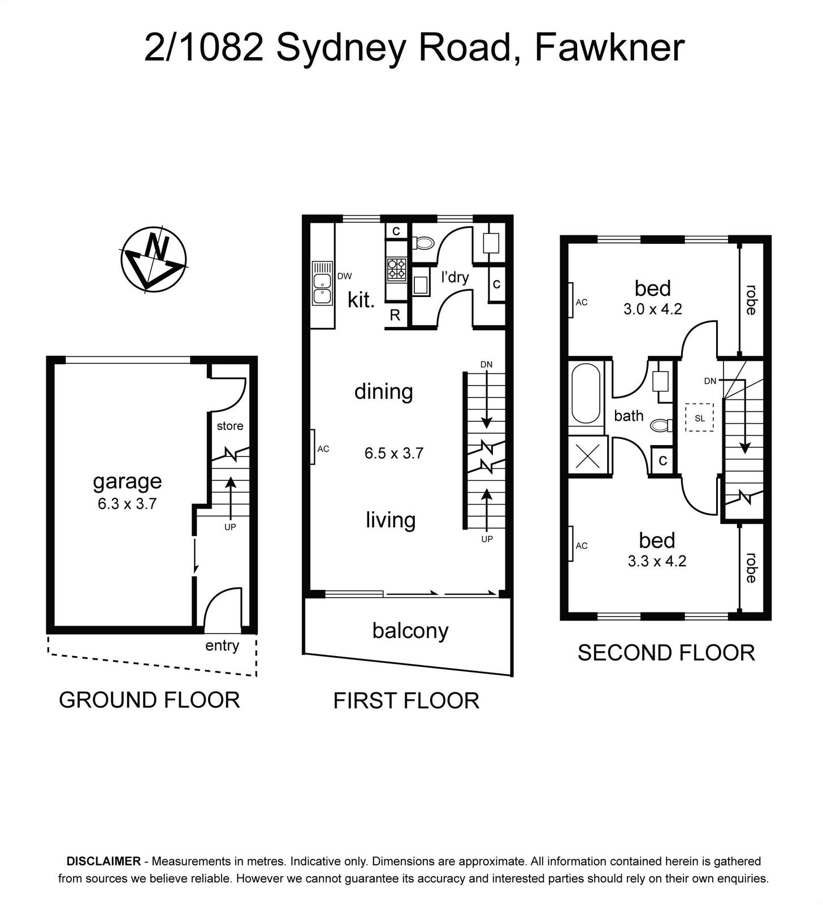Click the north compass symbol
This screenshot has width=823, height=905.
point(153,260)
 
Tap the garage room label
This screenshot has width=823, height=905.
point(127,481)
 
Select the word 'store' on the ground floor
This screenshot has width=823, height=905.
point(230,426)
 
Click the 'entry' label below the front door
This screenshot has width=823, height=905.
point(222,645)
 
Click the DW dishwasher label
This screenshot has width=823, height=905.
point(344,276)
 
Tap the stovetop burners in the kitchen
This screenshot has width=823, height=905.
point(397,269)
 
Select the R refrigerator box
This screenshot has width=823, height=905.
point(395,315)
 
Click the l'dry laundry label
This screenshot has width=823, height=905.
point(455,277)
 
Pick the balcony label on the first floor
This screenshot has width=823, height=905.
point(410,631)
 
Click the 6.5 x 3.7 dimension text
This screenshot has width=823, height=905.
point(394,453)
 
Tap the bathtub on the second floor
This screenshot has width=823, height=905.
point(586,394)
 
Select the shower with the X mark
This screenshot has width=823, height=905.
point(588,456)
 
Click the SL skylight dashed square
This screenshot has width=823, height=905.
point(700,417)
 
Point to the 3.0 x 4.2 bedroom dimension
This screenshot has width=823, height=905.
point(653,309)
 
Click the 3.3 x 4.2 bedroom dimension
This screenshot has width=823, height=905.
point(657,561)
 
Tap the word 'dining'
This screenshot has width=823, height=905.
point(384,392)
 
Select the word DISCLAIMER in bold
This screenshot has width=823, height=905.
point(103,861)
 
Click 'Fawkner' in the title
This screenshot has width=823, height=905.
point(609,47)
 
